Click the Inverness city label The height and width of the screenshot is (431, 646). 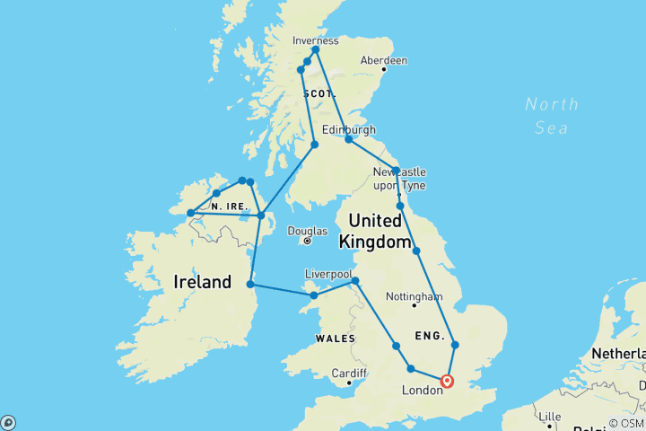(316, 40)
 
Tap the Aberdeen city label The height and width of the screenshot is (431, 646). (383, 60)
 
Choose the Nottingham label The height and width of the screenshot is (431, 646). (414, 296)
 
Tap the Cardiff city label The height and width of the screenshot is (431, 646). (348, 373)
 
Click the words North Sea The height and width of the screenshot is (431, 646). (551, 116)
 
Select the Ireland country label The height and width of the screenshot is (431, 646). (203, 282)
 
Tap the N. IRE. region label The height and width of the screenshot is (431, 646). (229, 207)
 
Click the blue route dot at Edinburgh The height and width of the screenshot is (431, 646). (349, 140)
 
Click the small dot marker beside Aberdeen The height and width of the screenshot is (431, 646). (384, 69)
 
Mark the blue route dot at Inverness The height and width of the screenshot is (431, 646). (316, 50)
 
